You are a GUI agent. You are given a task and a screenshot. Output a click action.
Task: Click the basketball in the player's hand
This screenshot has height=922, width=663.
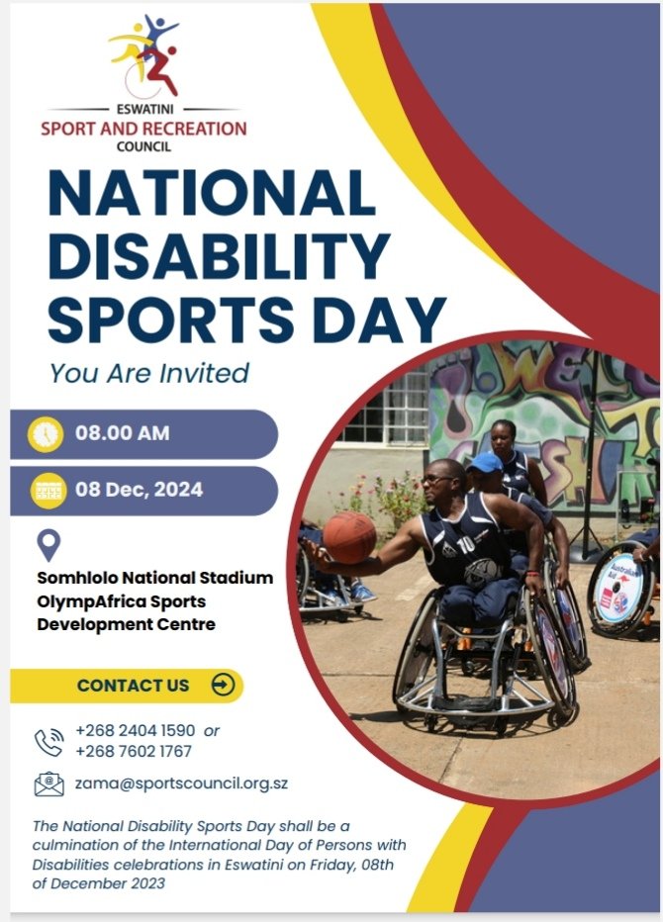[x=349, y=537]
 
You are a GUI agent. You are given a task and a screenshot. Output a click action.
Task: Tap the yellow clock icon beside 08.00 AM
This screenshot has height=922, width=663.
[x=46, y=434]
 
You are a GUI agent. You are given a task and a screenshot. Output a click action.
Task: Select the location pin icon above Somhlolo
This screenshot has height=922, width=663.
[x=48, y=544]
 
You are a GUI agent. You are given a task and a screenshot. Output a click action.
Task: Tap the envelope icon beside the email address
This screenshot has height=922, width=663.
[x=48, y=784]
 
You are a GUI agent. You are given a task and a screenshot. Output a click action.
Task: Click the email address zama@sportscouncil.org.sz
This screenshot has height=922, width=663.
[x=181, y=784]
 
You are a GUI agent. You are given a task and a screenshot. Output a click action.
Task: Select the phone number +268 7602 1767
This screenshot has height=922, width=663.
[x=134, y=751]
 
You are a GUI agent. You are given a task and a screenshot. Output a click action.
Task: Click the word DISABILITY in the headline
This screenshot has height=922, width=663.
[x=219, y=255]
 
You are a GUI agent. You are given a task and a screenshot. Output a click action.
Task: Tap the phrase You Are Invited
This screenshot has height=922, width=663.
[x=148, y=373]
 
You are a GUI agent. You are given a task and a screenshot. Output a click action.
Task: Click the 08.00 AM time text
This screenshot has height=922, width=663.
[x=122, y=433]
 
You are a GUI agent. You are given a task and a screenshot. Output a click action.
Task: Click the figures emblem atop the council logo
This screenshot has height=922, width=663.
[x=146, y=54]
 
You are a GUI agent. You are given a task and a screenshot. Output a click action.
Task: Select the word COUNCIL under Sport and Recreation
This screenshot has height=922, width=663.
[x=143, y=146]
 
